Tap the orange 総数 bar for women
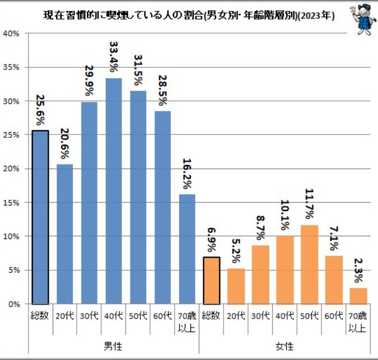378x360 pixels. coord(211,280)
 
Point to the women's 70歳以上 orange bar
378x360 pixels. coord(358,296)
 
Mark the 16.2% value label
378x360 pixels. coord(187,174)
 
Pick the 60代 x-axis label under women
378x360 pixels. coord(334,316)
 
